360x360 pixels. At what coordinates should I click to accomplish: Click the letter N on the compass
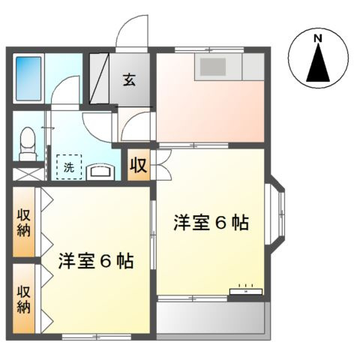318,38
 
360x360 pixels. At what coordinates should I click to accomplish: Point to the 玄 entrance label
130,79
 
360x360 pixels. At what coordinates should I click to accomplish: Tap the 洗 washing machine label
68,167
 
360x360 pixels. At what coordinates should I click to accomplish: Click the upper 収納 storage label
24,223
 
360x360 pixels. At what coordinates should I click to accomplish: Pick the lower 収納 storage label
24,298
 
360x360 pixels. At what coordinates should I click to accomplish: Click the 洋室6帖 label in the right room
211,223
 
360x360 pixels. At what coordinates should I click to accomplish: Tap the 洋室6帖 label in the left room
96,262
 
